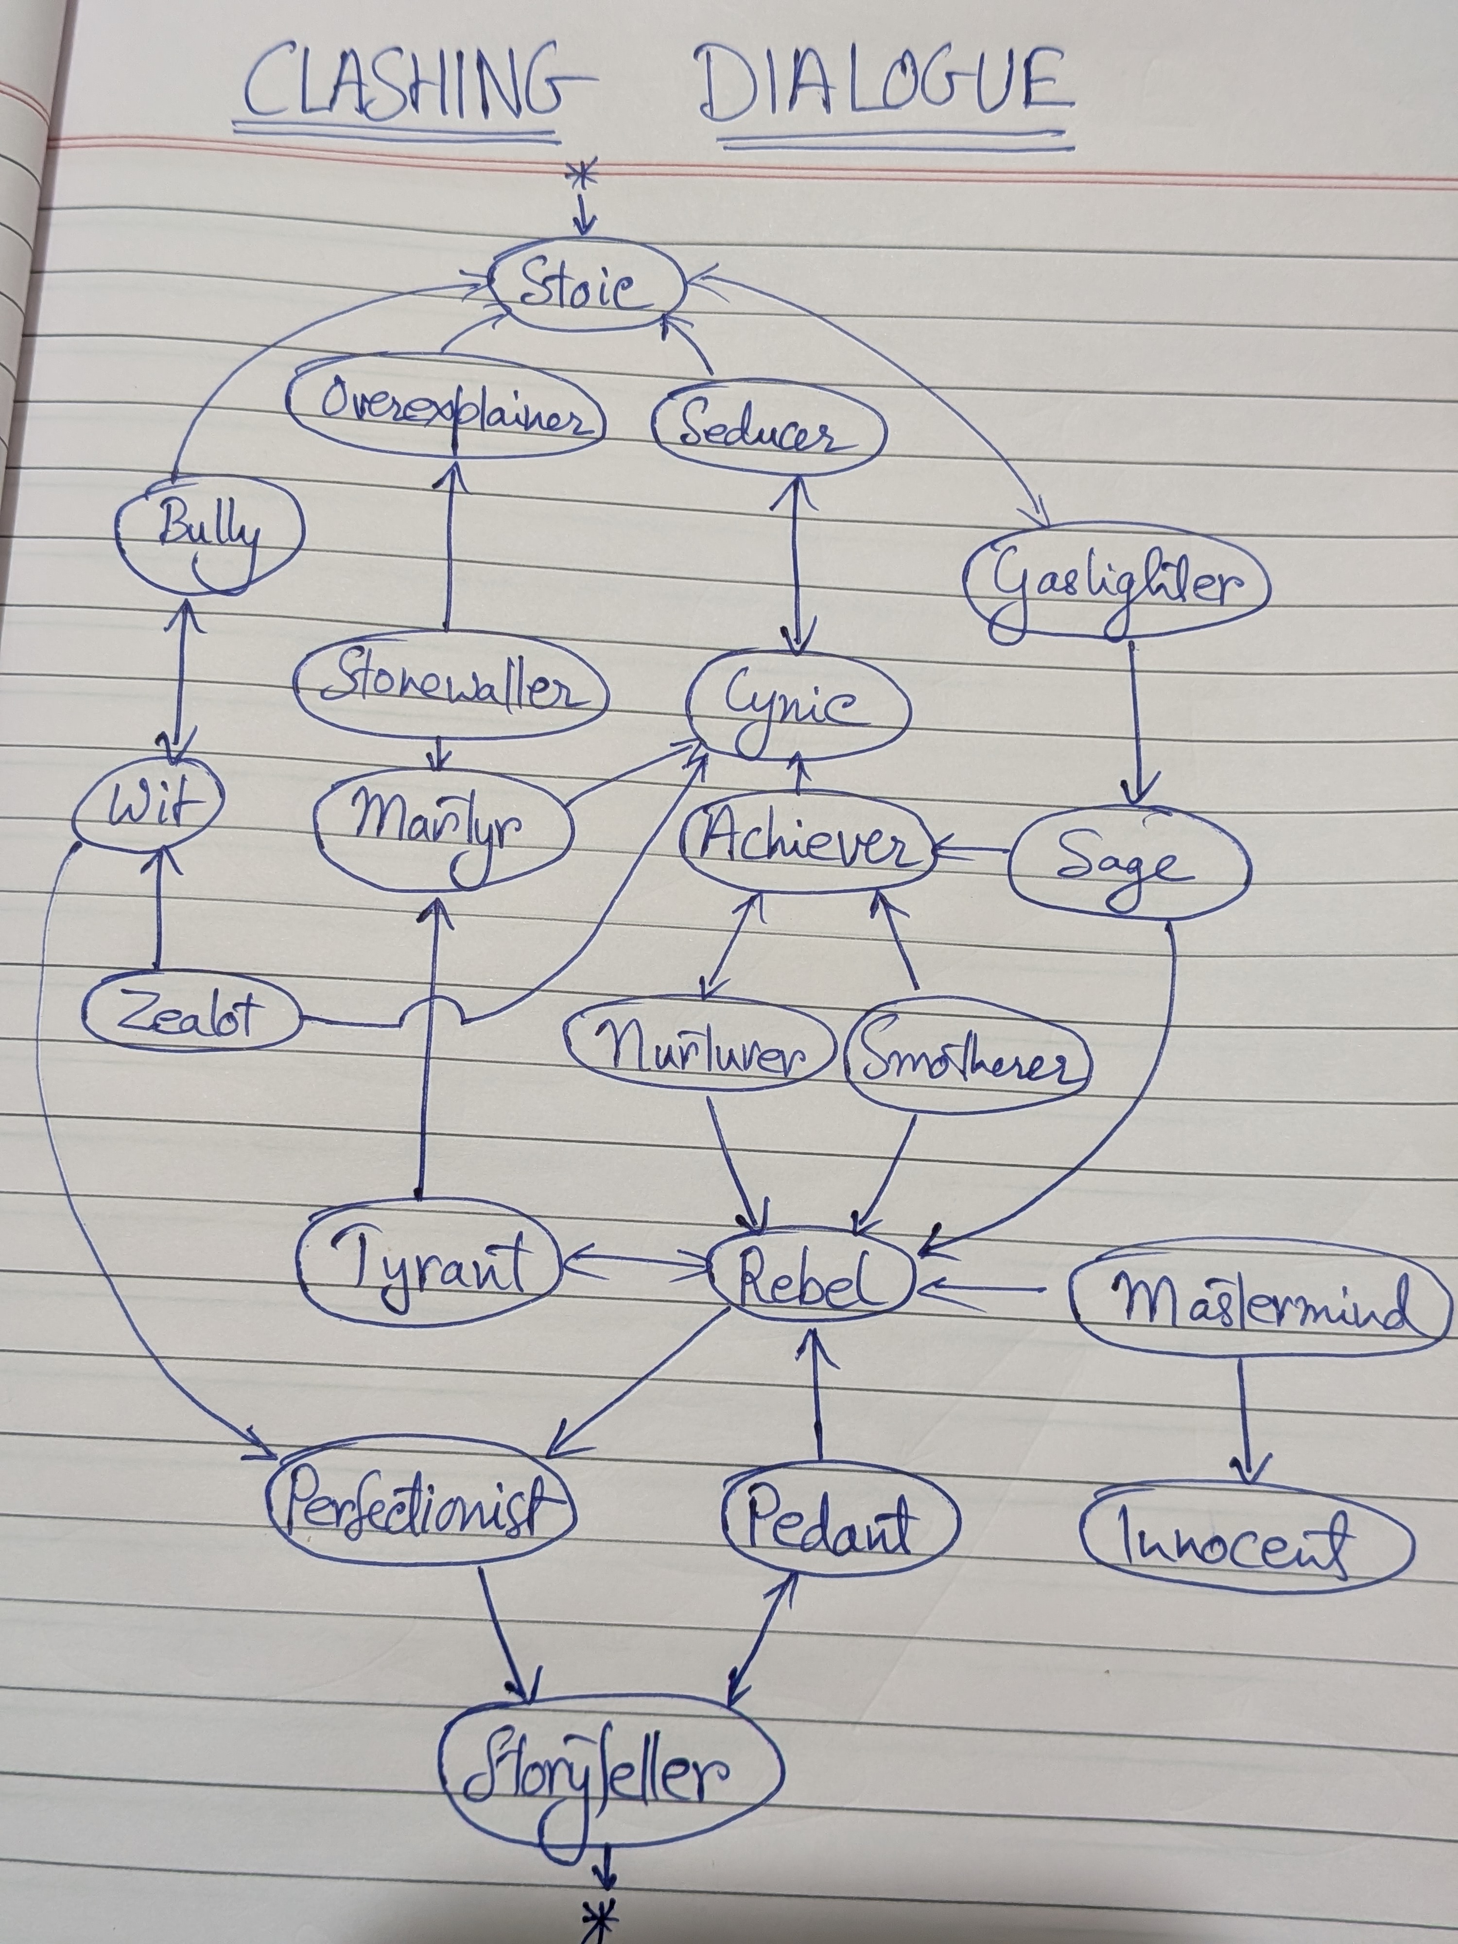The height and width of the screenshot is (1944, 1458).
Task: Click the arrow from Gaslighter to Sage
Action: tap(1135, 722)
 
